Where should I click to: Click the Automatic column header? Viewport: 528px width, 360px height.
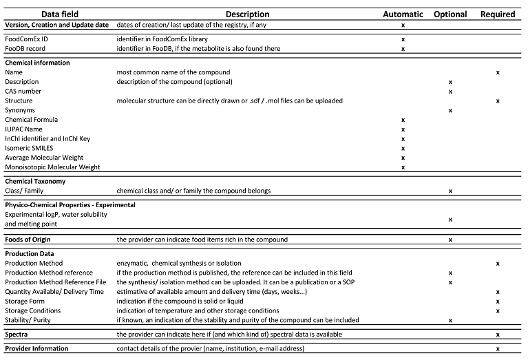[403, 14]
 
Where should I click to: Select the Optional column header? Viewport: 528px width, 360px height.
[450, 14]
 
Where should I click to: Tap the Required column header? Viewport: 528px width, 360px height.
[498, 14]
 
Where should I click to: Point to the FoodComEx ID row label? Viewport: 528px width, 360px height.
[27, 39]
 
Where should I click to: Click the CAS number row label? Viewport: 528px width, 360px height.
[23, 91]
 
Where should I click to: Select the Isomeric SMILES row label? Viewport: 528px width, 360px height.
[29, 148]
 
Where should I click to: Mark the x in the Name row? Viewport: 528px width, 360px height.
[498, 72]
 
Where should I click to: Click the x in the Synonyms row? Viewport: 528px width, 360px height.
[450, 110]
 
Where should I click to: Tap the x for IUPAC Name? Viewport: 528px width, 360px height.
[403, 129]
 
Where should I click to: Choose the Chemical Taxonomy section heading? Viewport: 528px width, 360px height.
[35, 181]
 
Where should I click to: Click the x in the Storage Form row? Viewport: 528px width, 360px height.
[498, 301]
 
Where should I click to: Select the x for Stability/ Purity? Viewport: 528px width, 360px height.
[450, 321]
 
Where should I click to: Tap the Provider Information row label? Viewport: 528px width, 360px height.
[36, 349]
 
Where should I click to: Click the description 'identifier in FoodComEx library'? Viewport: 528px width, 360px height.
[162, 39]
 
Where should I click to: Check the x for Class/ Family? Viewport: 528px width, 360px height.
[450, 191]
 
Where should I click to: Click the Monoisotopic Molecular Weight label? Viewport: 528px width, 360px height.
[52, 167]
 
